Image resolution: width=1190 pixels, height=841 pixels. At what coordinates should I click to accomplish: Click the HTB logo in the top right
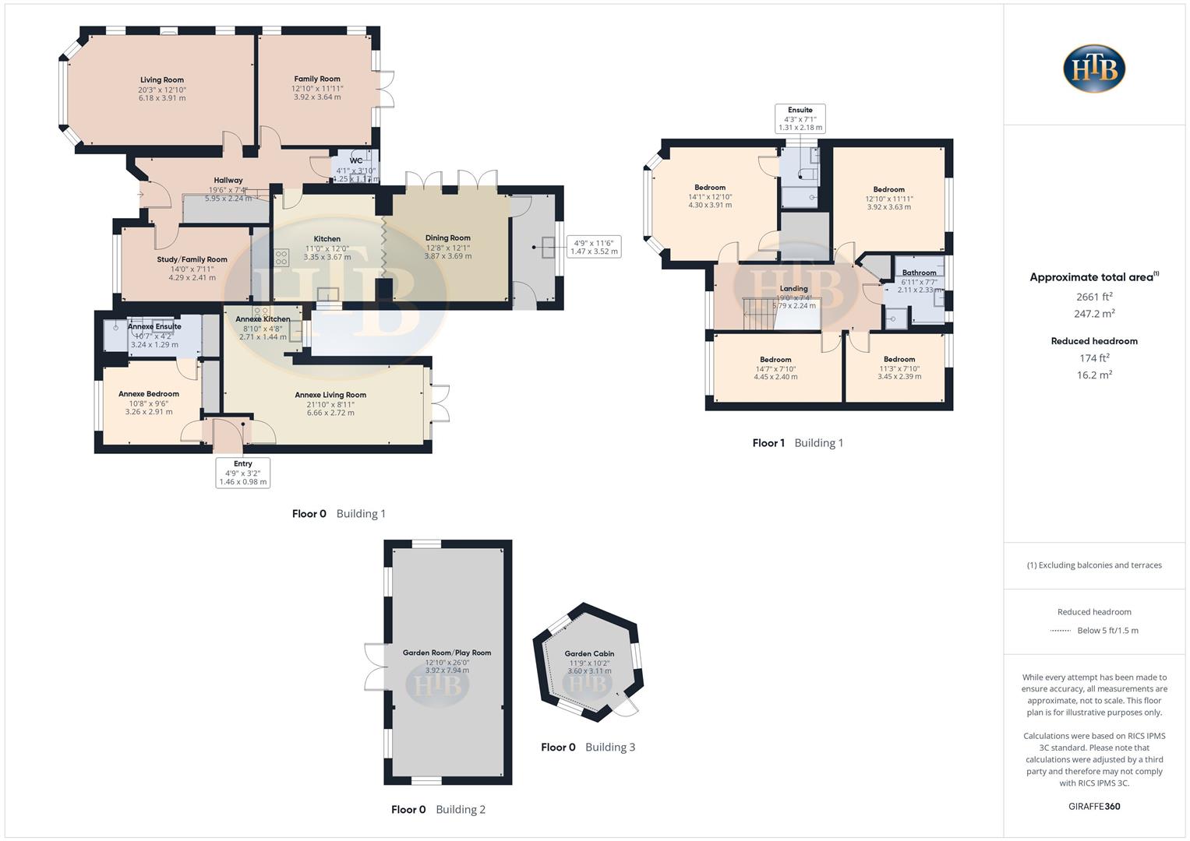1094,68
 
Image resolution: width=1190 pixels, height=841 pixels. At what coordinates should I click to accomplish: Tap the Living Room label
162,80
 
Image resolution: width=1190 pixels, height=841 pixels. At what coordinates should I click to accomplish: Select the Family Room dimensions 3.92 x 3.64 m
317,97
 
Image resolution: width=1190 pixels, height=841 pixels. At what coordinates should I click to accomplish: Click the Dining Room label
447,238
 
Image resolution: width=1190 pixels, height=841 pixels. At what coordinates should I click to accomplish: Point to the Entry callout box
243,473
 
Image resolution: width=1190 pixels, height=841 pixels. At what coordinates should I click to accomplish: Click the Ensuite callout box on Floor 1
800,118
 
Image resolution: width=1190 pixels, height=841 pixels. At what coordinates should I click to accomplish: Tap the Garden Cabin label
589,654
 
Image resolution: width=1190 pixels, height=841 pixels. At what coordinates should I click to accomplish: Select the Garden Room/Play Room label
447,653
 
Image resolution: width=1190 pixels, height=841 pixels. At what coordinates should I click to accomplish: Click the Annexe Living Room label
330,395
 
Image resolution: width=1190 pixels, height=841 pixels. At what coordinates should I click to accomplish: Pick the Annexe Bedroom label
149,394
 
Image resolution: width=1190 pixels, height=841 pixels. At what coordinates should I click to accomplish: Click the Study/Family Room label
192,260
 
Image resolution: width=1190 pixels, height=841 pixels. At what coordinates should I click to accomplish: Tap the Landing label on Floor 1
793,289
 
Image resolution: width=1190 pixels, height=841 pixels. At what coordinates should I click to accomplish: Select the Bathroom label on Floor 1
919,273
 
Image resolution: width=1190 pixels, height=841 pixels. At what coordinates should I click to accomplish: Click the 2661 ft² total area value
1094,297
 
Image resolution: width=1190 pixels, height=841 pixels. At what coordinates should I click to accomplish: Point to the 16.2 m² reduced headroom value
1094,375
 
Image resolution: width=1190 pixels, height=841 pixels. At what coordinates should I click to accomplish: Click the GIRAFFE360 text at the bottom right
1094,806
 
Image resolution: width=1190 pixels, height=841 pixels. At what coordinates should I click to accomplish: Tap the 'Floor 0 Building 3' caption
588,748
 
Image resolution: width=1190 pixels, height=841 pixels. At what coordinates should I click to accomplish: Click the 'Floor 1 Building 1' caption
797,443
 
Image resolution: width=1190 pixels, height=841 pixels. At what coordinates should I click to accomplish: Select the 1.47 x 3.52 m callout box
594,247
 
